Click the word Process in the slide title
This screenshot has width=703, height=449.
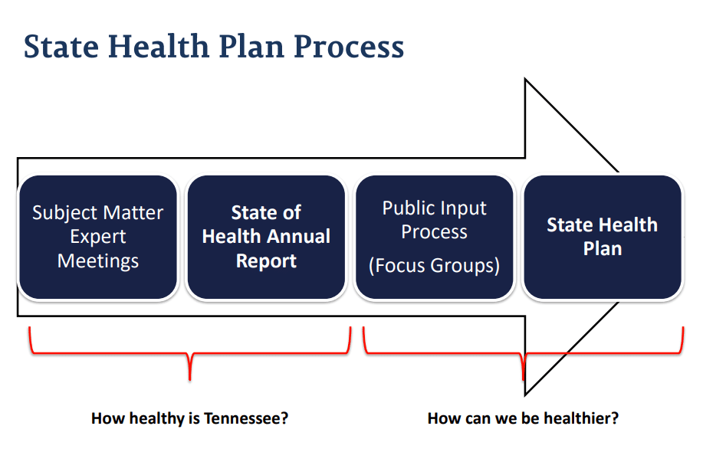click(x=349, y=47)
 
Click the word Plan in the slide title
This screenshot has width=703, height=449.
click(x=251, y=47)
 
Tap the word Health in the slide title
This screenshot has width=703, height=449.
click(x=158, y=46)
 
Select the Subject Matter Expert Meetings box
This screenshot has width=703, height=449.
click(x=97, y=237)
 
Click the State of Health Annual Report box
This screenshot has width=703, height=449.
click(x=266, y=237)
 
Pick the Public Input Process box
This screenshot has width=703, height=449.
click(x=435, y=237)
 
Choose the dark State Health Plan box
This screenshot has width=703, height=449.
click(x=603, y=237)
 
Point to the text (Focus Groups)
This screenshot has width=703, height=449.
click(x=434, y=265)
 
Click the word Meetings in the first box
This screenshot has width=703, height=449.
click(x=97, y=261)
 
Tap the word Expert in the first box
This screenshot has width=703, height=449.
click(x=97, y=237)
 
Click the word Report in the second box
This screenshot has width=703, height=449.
click(x=266, y=261)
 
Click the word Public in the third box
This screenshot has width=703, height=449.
click(x=408, y=208)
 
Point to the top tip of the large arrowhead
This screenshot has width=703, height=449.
click(x=525, y=80)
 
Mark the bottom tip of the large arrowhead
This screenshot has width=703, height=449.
click(x=525, y=395)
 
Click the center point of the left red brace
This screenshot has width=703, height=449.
click(x=190, y=379)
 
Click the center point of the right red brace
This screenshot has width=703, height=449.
click(x=523, y=379)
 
